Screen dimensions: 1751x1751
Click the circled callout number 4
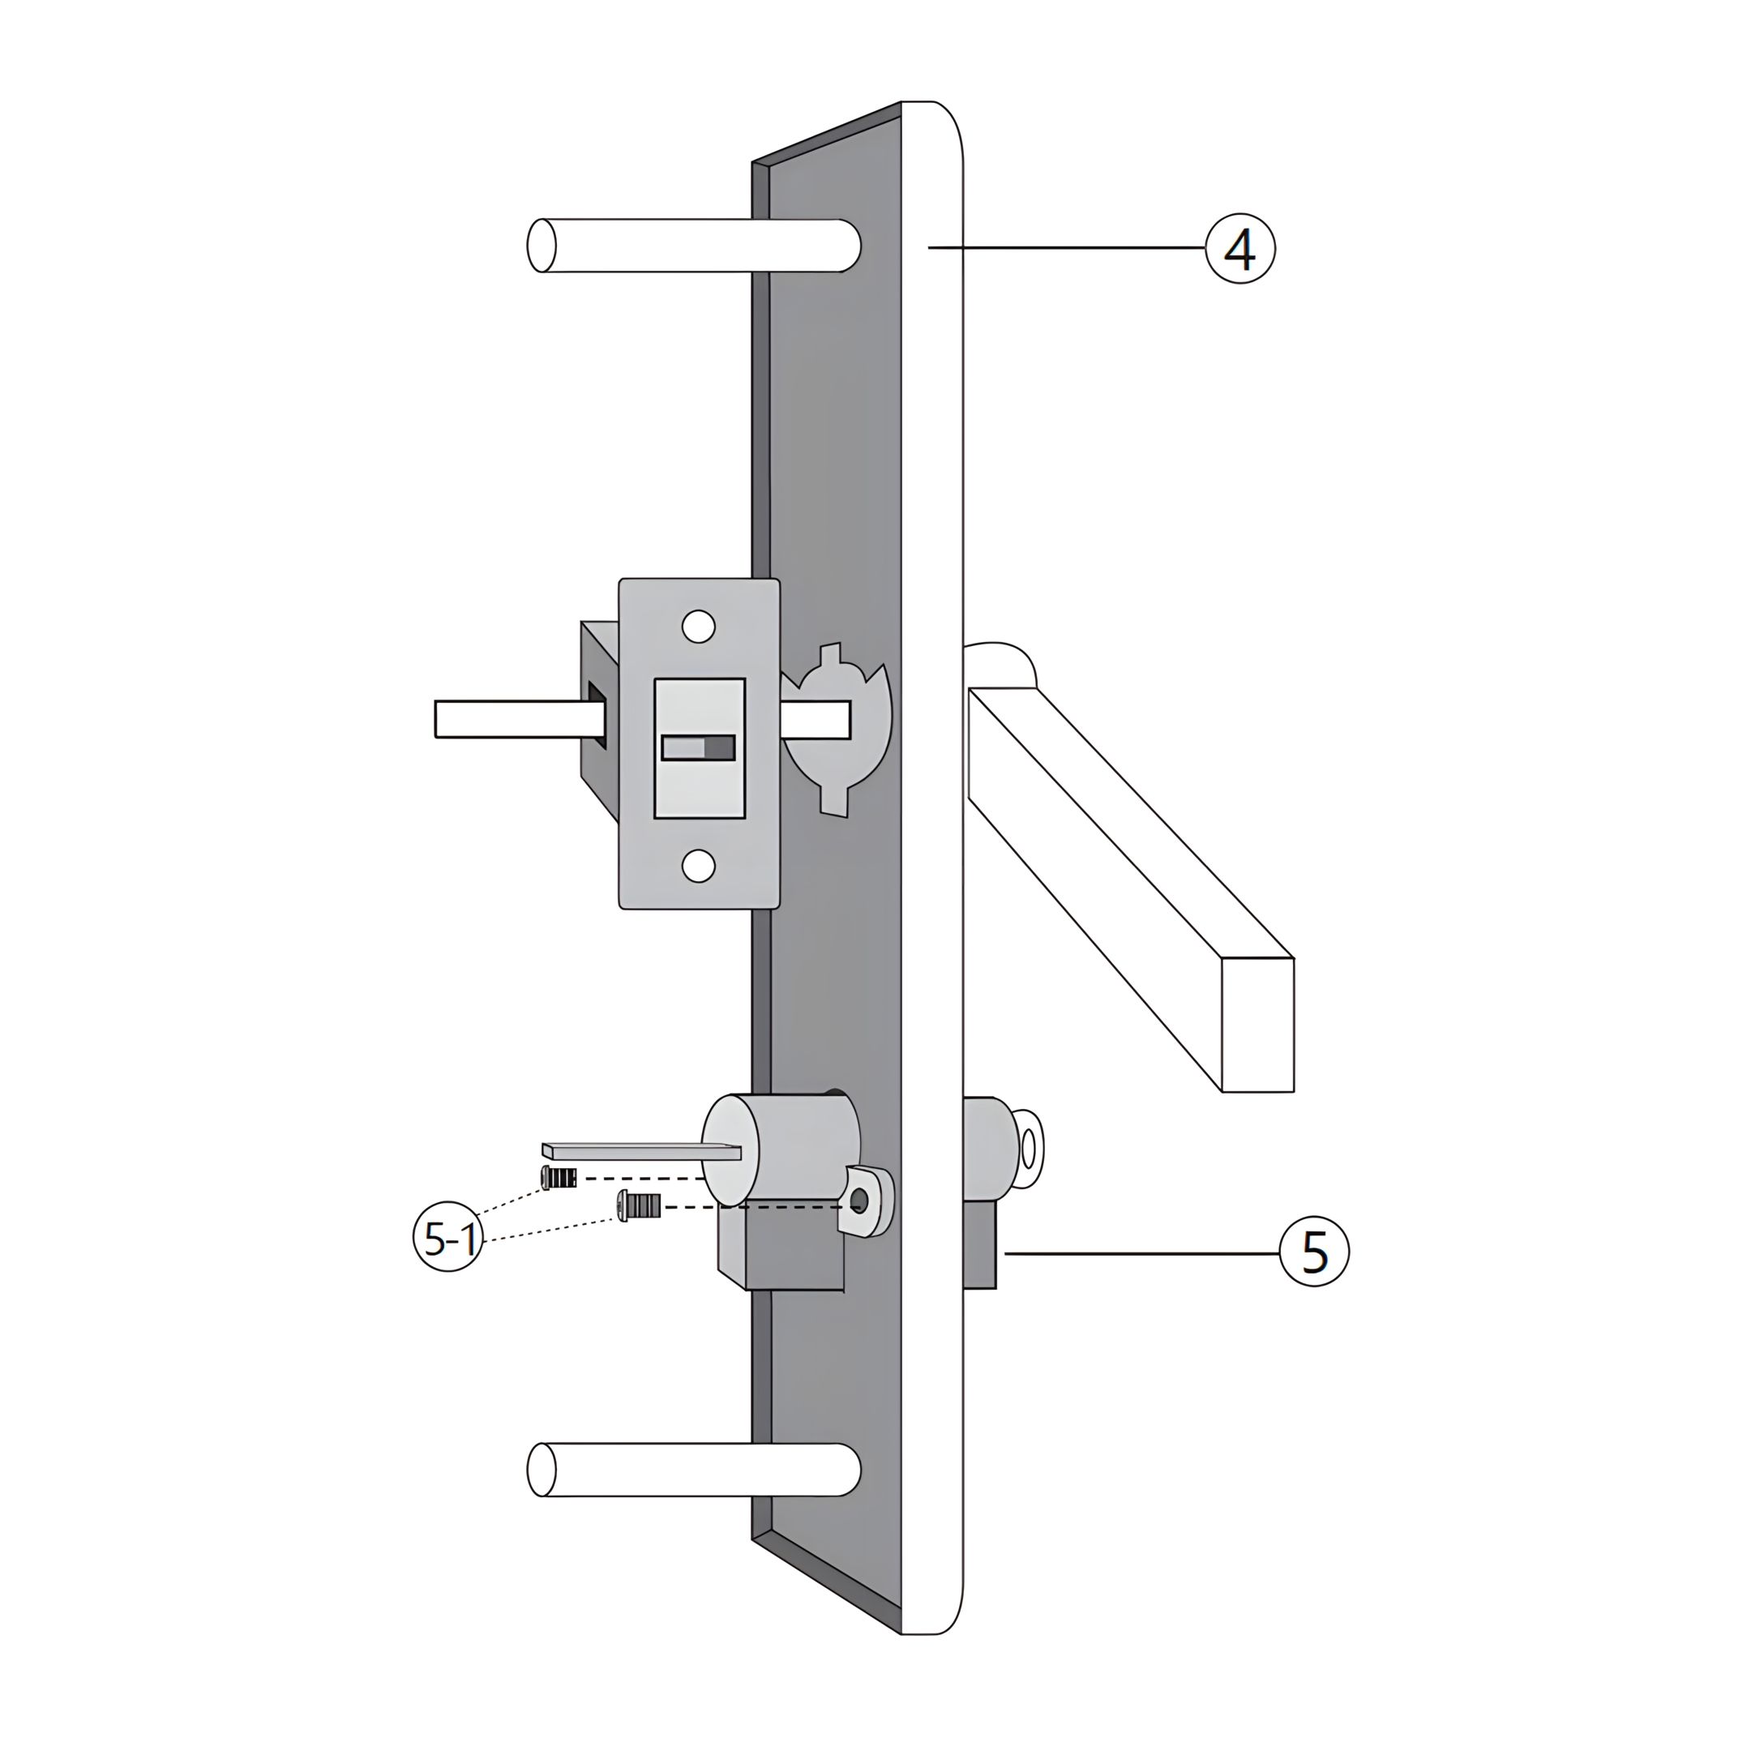(1239, 248)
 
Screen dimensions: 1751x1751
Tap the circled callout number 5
(1314, 1252)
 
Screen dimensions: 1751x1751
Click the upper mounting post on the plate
(693, 245)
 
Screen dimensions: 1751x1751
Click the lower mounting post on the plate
(693, 1495)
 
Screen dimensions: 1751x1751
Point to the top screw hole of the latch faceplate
(698, 627)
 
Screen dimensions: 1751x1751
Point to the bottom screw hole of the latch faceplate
(698, 866)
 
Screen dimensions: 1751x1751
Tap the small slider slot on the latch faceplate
(698, 747)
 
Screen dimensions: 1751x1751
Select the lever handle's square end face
(1258, 1024)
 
